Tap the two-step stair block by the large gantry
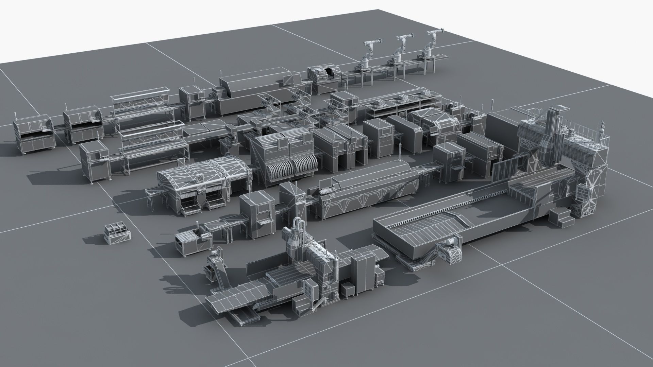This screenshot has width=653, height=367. [x=561, y=217]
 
